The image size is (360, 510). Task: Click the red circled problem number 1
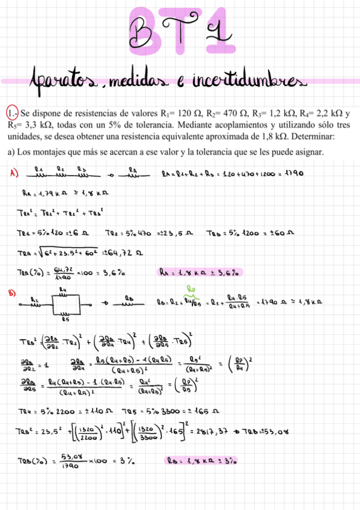tap(12, 112)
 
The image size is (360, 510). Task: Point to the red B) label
tap(12, 293)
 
